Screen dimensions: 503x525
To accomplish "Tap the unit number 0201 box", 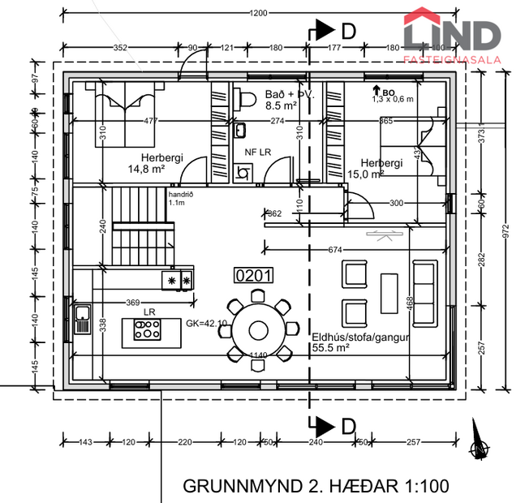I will pyautogui.click(x=253, y=276).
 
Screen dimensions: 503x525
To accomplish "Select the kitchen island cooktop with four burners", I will pyautogui.click(x=147, y=329).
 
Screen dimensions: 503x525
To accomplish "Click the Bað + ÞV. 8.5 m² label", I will pyautogui.click(x=289, y=100).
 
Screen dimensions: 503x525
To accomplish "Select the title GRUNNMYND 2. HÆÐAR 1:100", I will pyautogui.click(x=316, y=487).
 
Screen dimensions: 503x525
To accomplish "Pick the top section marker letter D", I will pyautogui.click(x=348, y=31).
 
